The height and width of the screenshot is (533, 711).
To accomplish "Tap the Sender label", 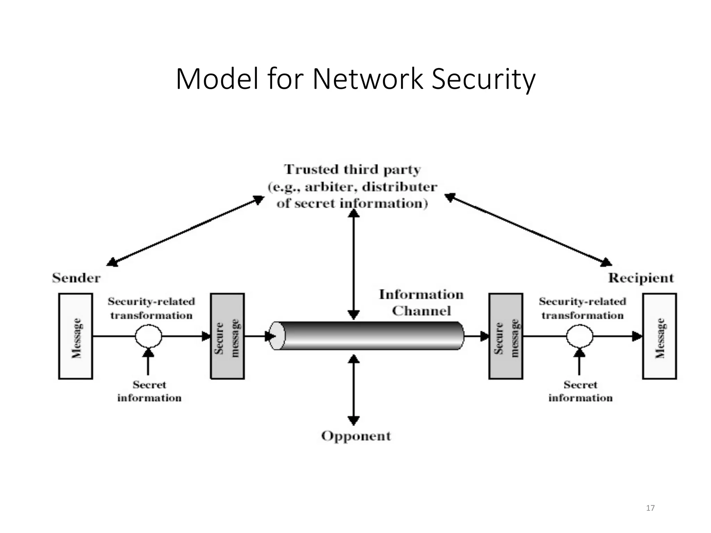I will click(x=76, y=278).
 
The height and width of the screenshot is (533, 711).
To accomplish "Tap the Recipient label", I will click(x=641, y=278).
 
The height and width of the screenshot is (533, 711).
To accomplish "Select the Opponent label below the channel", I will click(x=356, y=436).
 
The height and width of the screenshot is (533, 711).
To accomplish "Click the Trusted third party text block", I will click(x=352, y=187).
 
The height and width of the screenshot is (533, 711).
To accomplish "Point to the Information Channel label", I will click(x=421, y=303).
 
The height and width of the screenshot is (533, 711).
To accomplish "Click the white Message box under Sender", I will click(x=75, y=336).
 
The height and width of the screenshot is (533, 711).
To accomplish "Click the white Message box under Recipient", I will click(x=659, y=336).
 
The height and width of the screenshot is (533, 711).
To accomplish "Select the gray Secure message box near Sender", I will click(x=227, y=336).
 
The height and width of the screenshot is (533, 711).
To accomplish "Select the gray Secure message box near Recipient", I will click(x=505, y=336).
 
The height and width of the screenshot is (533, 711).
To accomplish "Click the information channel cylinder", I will click(x=368, y=336).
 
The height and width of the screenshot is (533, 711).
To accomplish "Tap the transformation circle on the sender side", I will click(x=148, y=336).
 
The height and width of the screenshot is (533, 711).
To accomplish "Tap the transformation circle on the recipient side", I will click(x=579, y=336).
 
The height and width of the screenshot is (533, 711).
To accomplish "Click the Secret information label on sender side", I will click(x=149, y=391).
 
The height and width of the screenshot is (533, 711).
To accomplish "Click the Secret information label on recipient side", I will click(x=580, y=391).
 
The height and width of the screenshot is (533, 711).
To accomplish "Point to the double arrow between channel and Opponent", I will click(x=353, y=390).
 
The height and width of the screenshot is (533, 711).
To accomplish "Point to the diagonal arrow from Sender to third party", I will click(x=185, y=231).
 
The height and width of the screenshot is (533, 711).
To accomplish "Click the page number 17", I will click(x=650, y=508).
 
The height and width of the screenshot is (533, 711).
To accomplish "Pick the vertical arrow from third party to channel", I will click(x=353, y=265).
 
